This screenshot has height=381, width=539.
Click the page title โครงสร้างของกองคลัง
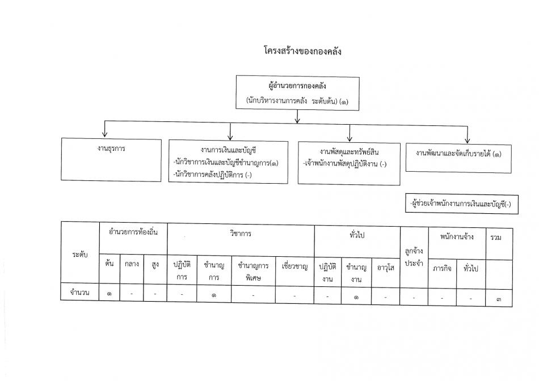(x=302, y=52)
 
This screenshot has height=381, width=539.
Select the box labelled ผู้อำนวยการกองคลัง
(x=297, y=93)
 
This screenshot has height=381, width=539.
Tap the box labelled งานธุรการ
(x=111, y=160)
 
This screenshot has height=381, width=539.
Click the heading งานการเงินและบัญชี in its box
(x=228, y=150)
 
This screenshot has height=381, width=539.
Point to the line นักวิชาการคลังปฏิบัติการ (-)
(x=212, y=175)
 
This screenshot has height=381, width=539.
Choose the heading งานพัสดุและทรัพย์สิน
(x=349, y=152)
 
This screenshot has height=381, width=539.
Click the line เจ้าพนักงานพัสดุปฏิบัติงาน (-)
(x=345, y=164)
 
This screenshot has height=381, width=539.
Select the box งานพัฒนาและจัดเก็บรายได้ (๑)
(x=458, y=158)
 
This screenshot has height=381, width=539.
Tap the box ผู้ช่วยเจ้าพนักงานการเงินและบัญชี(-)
(x=462, y=204)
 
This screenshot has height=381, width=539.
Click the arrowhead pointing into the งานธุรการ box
(x=105, y=134)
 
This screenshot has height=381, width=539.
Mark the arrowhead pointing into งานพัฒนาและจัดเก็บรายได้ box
(x=467, y=140)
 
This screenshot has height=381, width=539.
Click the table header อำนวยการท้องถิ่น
(x=133, y=232)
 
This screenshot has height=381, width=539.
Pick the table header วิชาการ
(x=241, y=234)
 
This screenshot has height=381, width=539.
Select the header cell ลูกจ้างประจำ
(x=414, y=257)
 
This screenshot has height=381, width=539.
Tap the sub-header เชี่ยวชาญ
(x=294, y=266)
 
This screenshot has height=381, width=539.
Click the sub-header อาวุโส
(x=385, y=268)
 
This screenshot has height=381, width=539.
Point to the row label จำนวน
(x=80, y=293)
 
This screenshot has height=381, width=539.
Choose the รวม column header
(x=496, y=237)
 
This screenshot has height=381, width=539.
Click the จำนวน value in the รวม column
(x=499, y=299)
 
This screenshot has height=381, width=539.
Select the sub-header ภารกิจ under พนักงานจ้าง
(x=442, y=268)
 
